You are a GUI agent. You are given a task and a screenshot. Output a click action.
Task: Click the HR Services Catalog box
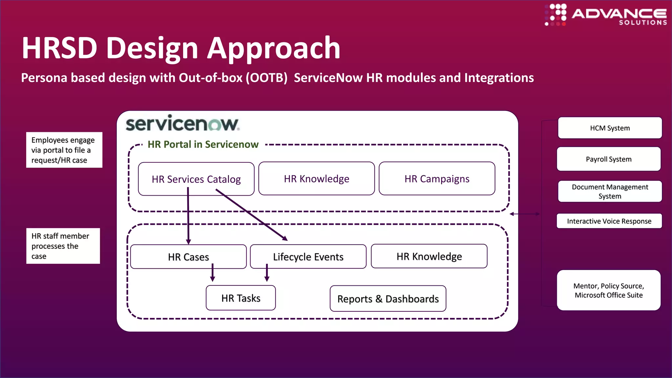point(196,179)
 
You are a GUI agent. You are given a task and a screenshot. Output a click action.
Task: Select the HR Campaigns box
point(437,178)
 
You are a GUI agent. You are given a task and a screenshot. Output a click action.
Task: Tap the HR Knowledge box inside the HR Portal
point(316,178)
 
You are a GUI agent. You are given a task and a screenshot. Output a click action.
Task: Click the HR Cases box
point(188,257)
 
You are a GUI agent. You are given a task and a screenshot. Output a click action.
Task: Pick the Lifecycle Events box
point(308,257)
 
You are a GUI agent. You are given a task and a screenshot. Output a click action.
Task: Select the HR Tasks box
point(241,298)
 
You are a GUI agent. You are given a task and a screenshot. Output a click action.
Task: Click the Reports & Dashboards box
point(388,299)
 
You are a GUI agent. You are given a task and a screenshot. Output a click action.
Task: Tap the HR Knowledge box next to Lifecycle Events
point(429,256)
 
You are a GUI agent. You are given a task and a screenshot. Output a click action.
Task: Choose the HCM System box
point(610,128)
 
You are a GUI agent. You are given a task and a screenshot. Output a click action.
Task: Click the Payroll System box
point(609,159)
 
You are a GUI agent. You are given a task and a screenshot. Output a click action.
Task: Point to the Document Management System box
point(610,191)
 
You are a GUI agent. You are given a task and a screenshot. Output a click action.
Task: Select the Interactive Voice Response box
point(609,221)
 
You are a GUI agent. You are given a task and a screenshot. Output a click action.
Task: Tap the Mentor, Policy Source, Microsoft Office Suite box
point(609,290)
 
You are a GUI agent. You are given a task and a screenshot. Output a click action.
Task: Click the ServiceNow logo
point(182,124)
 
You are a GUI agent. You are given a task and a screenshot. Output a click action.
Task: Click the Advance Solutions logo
point(606,15)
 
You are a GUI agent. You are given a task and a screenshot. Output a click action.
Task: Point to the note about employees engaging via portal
point(64,150)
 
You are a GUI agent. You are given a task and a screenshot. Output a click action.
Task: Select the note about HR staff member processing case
point(63,246)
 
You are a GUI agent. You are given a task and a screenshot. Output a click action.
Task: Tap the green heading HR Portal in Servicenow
point(203,144)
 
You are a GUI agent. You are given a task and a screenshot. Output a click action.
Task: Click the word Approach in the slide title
point(274,48)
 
